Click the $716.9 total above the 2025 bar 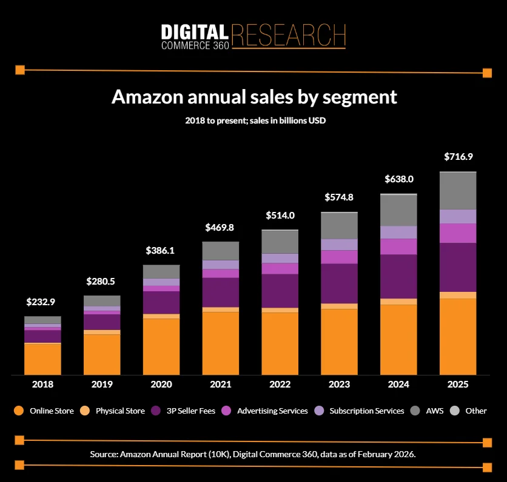tap(458, 157)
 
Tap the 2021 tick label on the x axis tap(221, 385)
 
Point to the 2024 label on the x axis tap(398, 385)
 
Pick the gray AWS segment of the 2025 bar tap(458, 191)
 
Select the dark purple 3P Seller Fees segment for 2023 tap(339, 283)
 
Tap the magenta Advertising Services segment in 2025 tap(458, 233)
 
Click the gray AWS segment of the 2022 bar tap(280, 242)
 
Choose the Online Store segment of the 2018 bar tap(42, 358)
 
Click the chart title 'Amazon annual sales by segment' tap(254, 97)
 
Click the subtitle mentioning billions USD tap(255, 121)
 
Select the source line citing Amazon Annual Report tap(253, 454)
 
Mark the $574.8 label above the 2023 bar tap(339, 197)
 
